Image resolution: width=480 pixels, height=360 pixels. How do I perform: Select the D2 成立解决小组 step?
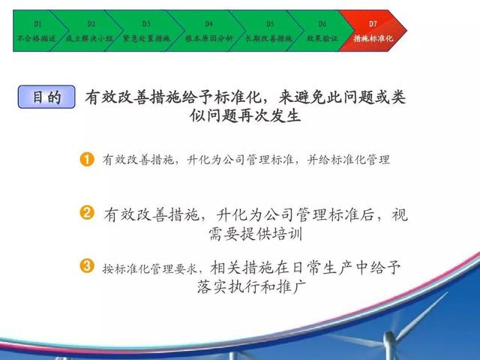pos(89,31)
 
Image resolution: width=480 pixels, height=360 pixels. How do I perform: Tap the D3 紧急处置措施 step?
pos(146,31)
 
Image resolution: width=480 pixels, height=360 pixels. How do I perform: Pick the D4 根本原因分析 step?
pos(208,31)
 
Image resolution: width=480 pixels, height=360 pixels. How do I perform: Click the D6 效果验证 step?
pos(322,31)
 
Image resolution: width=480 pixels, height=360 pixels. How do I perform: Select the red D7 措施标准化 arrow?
pos(373,31)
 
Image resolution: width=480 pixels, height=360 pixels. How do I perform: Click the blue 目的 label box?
pos(46,97)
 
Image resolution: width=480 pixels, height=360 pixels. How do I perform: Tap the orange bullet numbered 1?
pos(87,160)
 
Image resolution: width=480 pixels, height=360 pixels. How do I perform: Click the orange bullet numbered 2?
pos(87,212)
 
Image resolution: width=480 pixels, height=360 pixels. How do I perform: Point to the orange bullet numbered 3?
pos(87,265)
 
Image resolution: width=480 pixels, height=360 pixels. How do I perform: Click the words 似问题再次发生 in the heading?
pos(245,115)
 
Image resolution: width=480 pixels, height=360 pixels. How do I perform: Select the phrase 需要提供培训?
pos(256,234)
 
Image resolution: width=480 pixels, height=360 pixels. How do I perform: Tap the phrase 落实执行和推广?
pos(252,286)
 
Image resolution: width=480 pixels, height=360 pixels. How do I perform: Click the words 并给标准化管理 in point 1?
pos(348,160)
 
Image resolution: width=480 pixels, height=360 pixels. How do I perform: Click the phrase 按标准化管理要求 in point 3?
pos(150,268)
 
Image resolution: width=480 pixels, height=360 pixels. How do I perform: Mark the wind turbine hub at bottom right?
pos(389,337)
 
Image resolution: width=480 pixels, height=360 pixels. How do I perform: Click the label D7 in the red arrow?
pos(373,24)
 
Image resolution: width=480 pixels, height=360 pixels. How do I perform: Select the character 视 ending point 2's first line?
pos(400,214)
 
